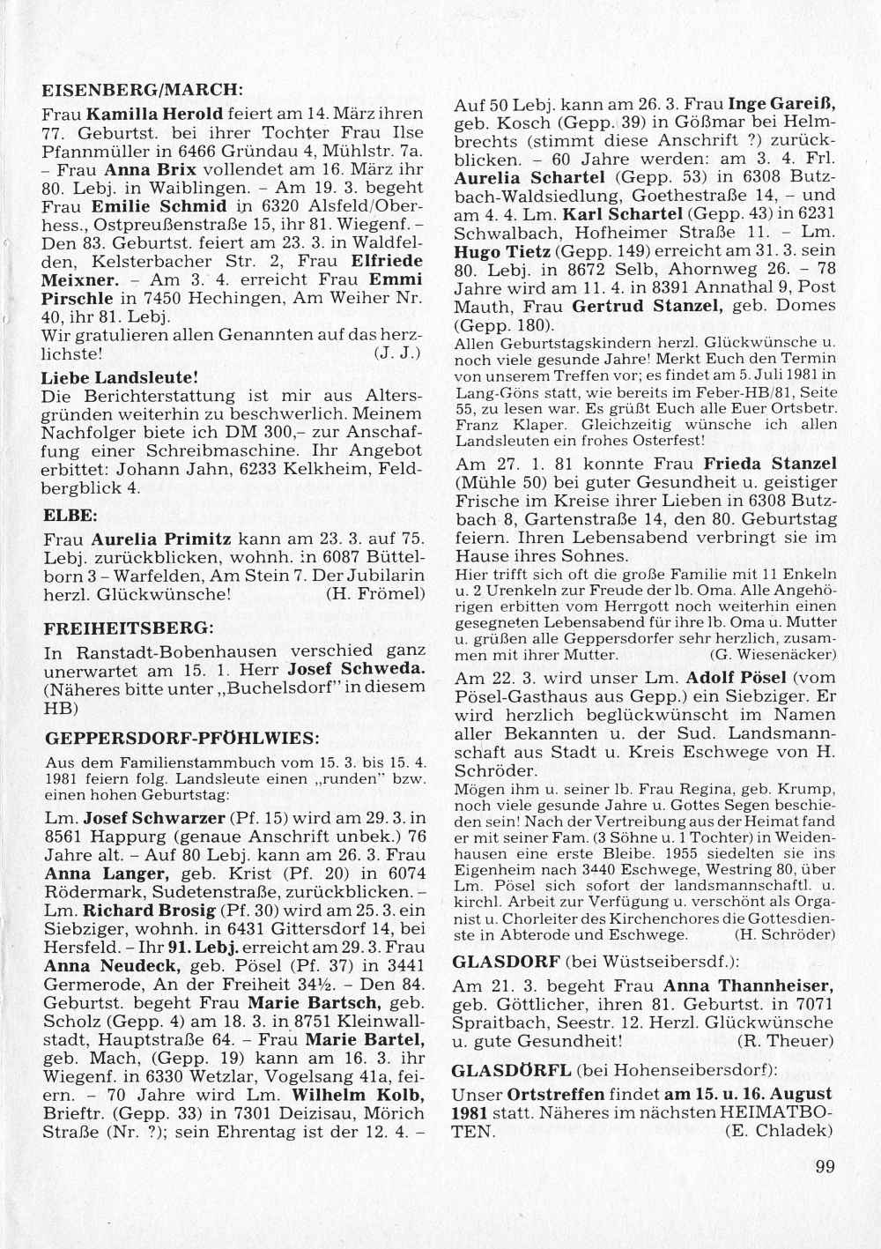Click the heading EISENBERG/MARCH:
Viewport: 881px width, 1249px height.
pos(142,89)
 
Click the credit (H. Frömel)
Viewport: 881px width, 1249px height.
pos(375,593)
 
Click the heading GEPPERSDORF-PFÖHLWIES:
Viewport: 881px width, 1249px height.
pos(181,736)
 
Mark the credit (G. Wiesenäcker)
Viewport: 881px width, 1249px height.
pos(772,655)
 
